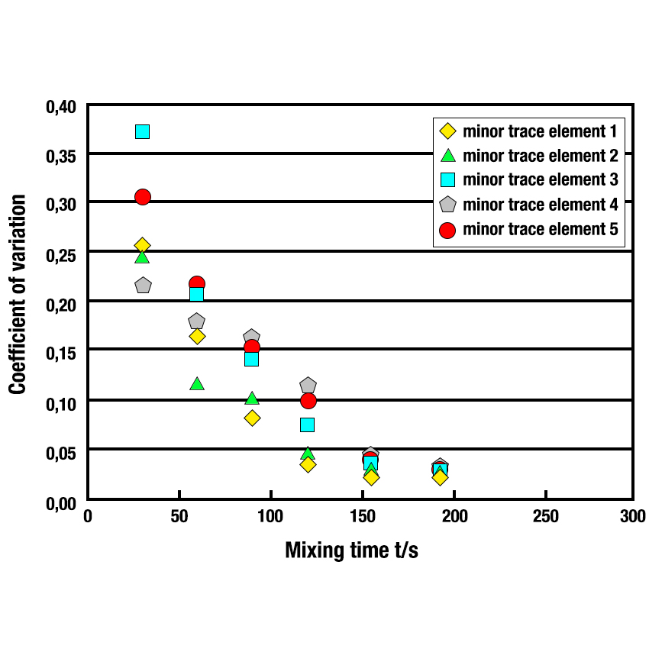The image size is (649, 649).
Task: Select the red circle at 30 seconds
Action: [x=143, y=197]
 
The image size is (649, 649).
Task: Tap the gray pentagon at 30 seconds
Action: [x=143, y=286]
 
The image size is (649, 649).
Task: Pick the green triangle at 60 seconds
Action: [x=197, y=383]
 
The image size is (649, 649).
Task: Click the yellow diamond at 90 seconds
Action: [x=252, y=418]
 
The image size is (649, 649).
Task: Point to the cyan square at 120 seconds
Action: [x=308, y=425]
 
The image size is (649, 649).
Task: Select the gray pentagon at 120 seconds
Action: [x=308, y=386]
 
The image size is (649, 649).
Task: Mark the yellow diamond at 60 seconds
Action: [x=197, y=337]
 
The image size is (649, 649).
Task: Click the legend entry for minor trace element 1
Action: [x=539, y=131]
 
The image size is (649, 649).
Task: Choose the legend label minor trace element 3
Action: [x=539, y=179]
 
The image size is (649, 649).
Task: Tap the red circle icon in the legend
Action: [x=448, y=230]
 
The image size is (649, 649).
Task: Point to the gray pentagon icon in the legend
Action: [x=448, y=205]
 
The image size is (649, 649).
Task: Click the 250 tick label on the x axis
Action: [x=545, y=517]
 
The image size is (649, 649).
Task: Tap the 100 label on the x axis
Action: [x=271, y=517]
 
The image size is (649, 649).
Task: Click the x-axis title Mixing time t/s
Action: [x=351, y=551]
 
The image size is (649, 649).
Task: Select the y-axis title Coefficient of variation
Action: [x=18, y=294]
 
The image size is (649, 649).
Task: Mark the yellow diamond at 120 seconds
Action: [x=308, y=464]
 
